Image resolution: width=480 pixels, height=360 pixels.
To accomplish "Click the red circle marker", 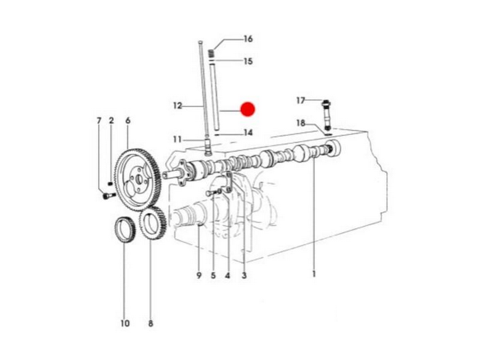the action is (x=248, y=109).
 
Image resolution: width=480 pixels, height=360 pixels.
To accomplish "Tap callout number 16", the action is (x=248, y=39).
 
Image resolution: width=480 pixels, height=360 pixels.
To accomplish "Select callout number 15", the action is (x=248, y=61).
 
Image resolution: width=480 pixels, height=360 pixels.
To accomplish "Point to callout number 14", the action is (x=248, y=132).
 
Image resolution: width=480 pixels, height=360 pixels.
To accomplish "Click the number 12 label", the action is (x=178, y=106).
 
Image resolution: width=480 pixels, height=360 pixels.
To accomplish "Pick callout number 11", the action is (x=177, y=140).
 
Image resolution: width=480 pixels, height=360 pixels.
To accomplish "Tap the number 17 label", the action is (x=301, y=100).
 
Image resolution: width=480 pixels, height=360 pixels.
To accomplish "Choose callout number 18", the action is (x=301, y=123).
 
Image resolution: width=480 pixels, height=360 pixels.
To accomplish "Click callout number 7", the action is (x=99, y=121).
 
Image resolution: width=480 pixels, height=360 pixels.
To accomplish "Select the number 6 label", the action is (x=128, y=120).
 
